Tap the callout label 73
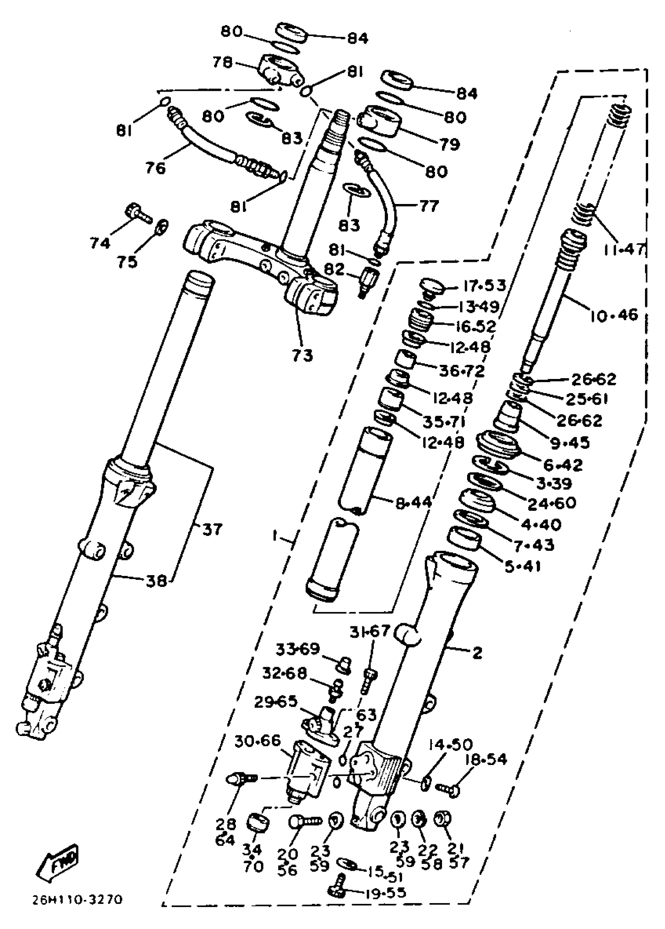(303, 355)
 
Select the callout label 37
(212, 530)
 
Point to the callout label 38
(157, 581)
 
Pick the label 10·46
(614, 315)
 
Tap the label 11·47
(623, 249)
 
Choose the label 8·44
(413, 502)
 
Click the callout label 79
(449, 144)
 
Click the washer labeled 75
(162, 225)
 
